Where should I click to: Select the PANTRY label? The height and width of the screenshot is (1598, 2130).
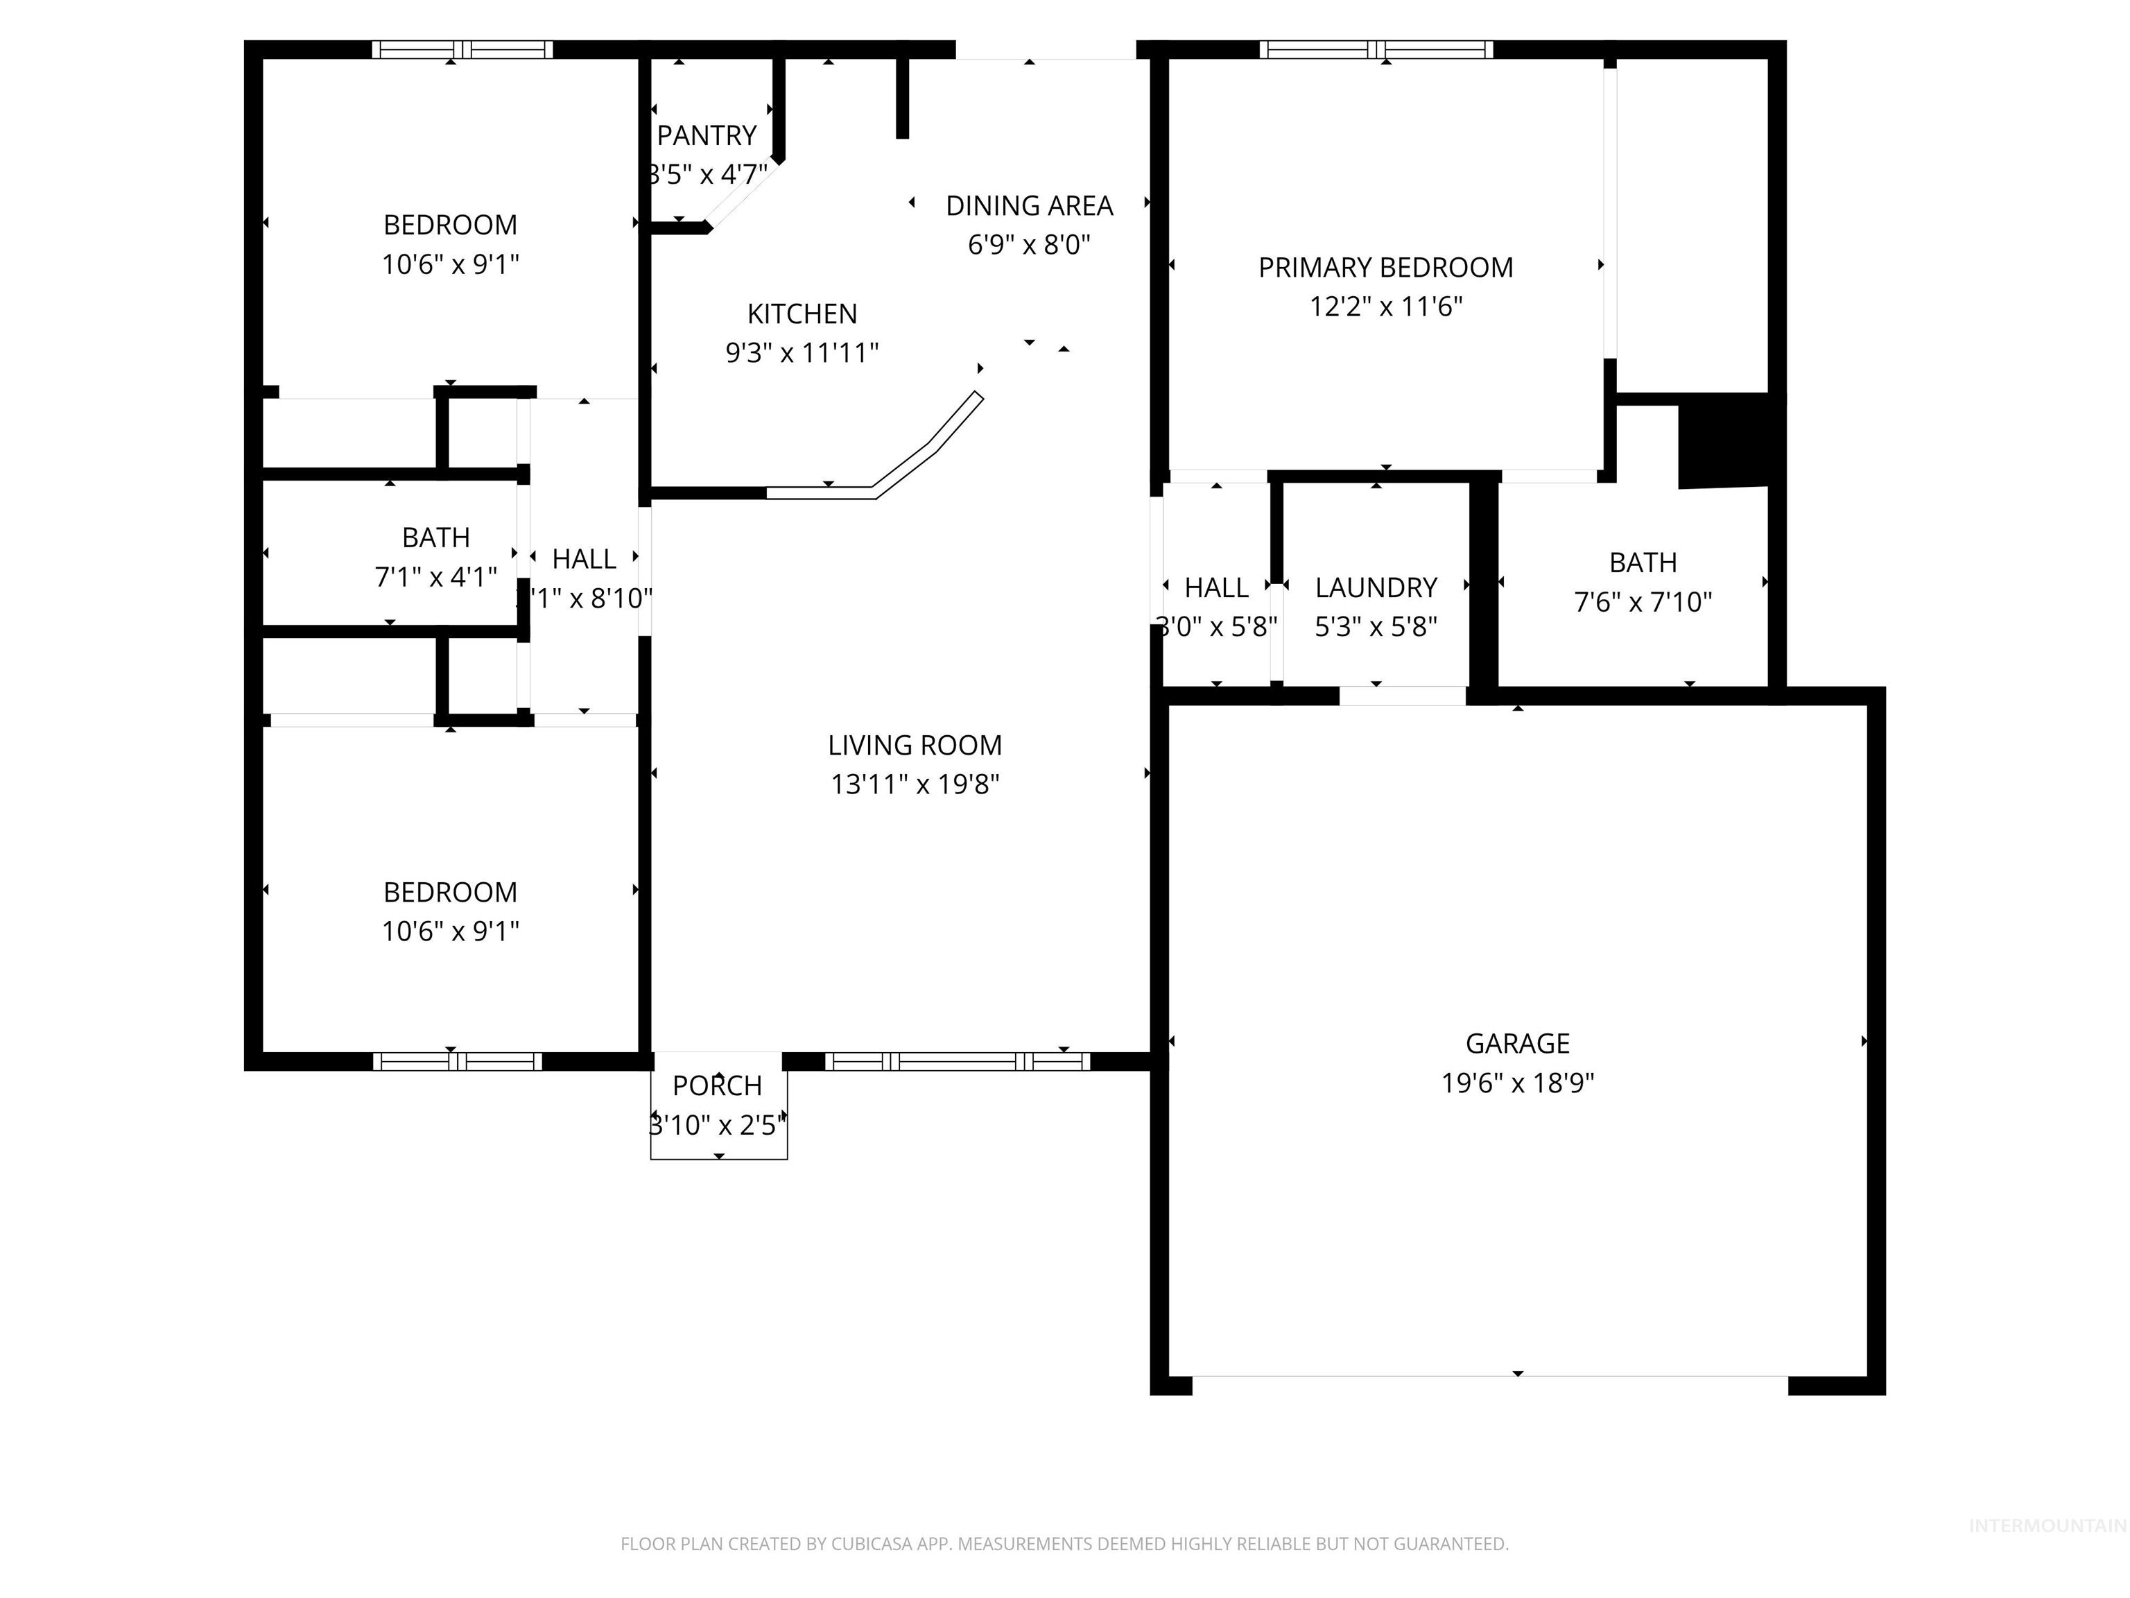(707, 136)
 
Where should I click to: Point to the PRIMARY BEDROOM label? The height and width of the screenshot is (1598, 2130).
(1385, 268)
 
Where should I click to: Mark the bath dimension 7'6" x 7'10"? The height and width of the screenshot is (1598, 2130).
(1642, 603)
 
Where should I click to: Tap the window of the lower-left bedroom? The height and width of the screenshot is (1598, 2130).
(458, 1061)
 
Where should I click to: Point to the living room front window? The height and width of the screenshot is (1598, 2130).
(957, 1061)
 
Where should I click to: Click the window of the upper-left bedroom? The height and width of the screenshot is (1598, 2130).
(462, 49)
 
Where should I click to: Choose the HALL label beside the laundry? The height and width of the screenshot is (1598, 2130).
(1215, 587)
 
